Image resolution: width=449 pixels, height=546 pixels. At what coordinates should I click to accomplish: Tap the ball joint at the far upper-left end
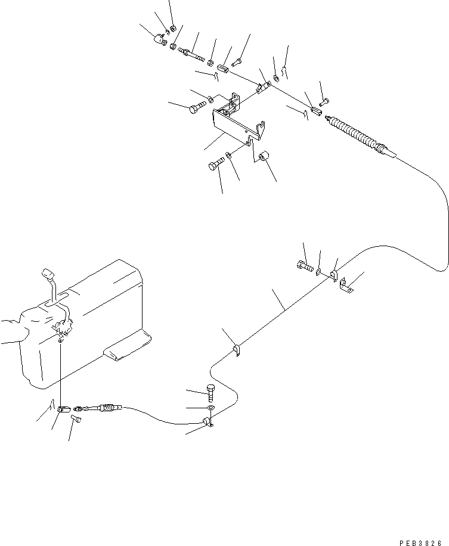[159, 40]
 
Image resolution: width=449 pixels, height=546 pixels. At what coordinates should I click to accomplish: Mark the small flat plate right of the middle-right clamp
[346, 289]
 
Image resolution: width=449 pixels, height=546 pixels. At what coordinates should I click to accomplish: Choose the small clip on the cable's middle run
[236, 350]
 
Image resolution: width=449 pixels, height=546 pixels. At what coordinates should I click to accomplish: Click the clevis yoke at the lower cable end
[63, 409]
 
